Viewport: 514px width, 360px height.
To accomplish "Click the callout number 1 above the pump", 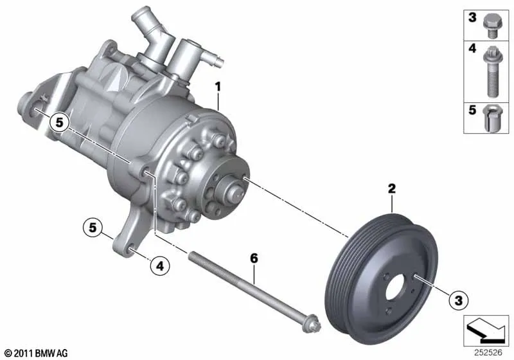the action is pos(218,87).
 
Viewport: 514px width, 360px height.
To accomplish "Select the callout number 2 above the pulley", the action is pos(392,188).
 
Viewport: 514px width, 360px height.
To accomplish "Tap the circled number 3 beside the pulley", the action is pos(458,300).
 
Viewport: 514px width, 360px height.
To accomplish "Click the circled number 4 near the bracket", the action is pos(160,265).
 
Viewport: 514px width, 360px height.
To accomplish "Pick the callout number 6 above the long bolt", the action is pos(254,258).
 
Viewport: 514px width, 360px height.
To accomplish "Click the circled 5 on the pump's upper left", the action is pos(59,122).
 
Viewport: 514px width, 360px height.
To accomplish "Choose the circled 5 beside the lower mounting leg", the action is pos(93,227).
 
